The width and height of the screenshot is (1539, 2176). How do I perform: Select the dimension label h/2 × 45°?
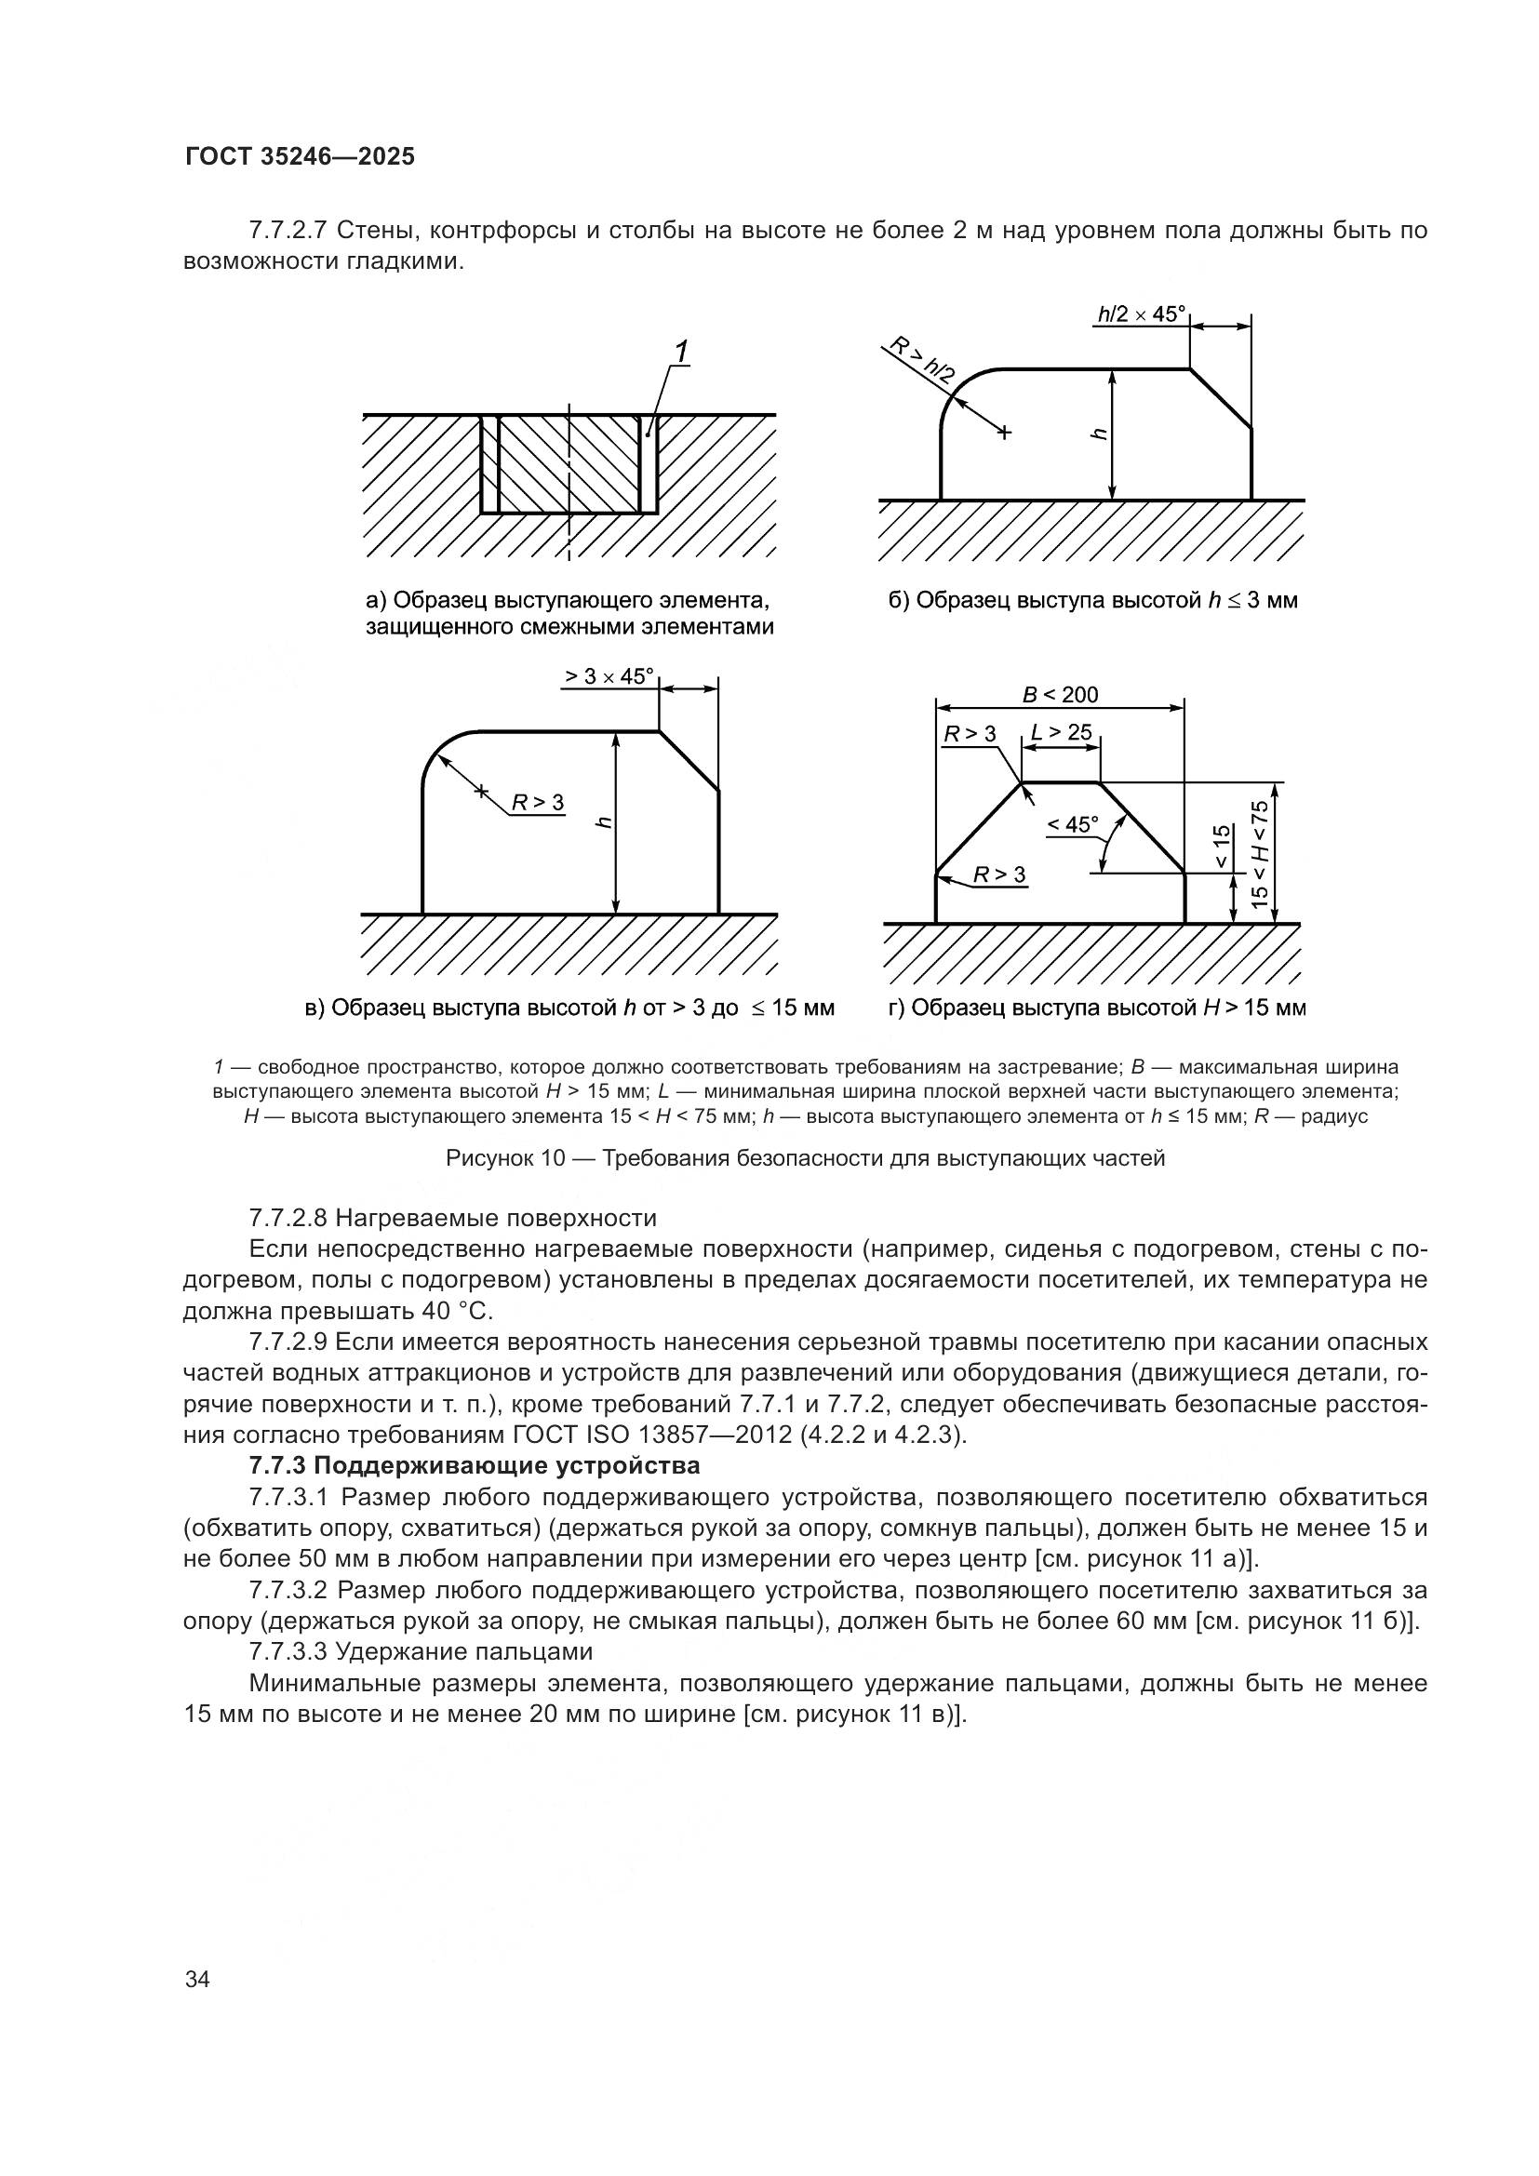pos(1142,314)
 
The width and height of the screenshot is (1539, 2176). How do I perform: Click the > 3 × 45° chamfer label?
pos(609,676)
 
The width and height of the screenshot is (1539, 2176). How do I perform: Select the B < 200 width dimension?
pos(1060,695)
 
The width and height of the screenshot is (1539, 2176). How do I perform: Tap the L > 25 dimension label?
pos(1061,732)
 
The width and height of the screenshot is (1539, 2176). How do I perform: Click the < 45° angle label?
pos(1072,824)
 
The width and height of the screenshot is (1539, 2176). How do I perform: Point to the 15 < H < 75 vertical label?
pos(1260,854)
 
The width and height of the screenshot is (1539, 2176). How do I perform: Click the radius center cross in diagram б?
pos(1005,434)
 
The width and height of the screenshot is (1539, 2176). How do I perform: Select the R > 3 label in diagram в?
pos(537,803)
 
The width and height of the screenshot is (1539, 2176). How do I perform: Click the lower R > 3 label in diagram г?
pos(999,874)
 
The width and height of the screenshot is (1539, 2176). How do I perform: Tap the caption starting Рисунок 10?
pos(805,1158)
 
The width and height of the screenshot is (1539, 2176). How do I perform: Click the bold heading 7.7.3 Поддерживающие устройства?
pos(474,1466)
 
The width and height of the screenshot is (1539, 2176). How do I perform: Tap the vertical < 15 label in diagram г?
pos(1223,847)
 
